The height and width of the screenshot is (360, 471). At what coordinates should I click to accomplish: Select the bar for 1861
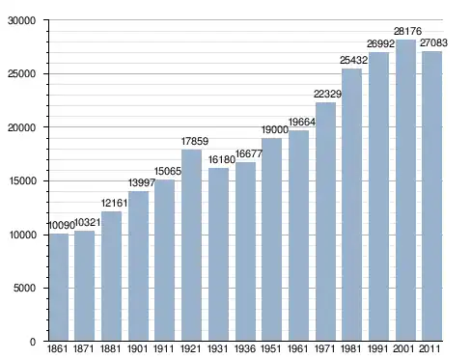[59, 287]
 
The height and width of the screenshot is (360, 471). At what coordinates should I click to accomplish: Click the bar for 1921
[191, 245]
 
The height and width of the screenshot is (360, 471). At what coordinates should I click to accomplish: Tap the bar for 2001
[405, 190]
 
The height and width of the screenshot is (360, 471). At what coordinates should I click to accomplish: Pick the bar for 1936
[245, 252]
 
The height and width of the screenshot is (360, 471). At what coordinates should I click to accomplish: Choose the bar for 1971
[325, 222]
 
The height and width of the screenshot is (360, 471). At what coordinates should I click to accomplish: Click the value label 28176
[407, 32]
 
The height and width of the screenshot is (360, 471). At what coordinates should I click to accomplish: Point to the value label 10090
[61, 226]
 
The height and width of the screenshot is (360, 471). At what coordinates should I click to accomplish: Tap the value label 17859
[195, 141]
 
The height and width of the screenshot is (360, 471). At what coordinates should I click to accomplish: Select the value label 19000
[275, 130]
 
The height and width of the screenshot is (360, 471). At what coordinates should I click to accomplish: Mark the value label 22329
[327, 95]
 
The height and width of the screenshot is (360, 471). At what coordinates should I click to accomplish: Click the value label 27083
[433, 42]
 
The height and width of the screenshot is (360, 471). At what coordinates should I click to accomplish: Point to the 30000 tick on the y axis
[22, 20]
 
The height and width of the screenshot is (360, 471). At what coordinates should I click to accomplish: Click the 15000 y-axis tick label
[22, 180]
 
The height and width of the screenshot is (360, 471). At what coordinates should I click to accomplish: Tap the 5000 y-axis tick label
[24, 288]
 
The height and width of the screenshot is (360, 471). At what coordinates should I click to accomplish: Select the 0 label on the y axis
[33, 342]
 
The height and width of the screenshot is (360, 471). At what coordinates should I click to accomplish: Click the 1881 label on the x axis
[110, 348]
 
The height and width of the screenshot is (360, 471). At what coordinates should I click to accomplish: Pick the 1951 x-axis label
[271, 348]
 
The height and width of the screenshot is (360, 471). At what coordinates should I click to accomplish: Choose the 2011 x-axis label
[429, 348]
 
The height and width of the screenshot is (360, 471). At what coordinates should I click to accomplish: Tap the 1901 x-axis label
[137, 348]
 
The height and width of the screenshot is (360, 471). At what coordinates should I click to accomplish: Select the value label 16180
[222, 159]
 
